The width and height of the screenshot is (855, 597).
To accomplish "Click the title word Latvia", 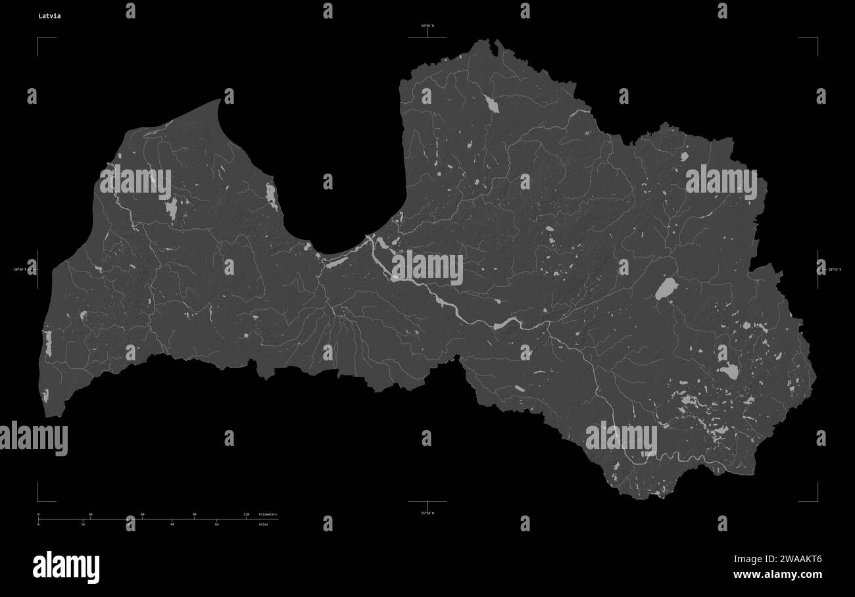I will (49, 16).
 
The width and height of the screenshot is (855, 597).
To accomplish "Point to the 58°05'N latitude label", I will (427, 26).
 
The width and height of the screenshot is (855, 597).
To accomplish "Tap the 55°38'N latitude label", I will (427, 513).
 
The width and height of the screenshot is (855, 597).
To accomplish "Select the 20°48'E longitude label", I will (23, 269).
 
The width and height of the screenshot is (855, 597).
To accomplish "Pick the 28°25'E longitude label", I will (833, 269).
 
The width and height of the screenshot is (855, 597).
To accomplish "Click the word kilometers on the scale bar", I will (268, 514).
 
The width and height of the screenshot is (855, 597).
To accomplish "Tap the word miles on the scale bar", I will (264, 524).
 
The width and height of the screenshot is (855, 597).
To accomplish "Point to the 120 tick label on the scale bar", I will (247, 514).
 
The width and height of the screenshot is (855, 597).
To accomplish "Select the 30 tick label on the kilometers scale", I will (90, 514).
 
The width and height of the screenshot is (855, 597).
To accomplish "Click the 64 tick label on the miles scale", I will (216, 524).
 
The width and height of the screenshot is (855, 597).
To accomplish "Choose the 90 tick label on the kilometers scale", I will (194, 514).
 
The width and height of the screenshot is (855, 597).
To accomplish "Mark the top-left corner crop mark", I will (38, 38).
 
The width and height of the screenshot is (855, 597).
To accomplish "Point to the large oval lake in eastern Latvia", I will (666, 288).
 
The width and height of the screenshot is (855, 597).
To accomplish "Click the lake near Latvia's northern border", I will (491, 103).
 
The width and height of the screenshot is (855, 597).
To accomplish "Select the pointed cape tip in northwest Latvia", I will (219, 100).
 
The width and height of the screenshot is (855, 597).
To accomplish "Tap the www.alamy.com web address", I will (777, 575).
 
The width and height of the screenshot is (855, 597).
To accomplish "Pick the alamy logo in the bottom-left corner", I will (66, 567).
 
